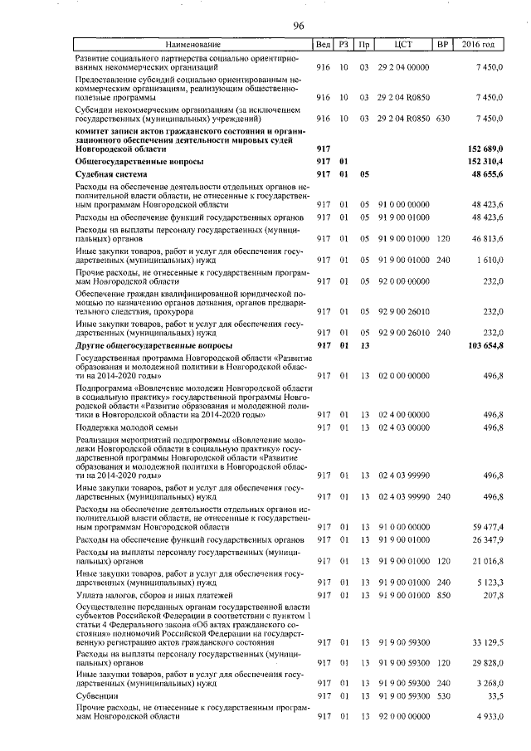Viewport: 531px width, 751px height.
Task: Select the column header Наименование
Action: click(x=192, y=44)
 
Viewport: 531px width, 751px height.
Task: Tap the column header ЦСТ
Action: click(x=404, y=44)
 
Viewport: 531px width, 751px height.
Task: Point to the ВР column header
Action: click(x=443, y=44)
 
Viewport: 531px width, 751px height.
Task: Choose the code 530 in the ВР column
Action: click(x=443, y=696)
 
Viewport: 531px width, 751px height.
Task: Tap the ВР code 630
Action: click(x=443, y=119)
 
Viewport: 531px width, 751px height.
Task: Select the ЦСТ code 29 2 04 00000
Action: click(x=404, y=66)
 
